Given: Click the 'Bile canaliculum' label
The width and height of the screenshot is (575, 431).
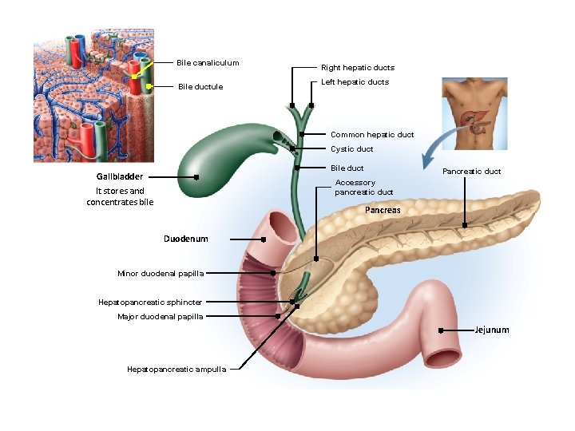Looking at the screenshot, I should point(208,63).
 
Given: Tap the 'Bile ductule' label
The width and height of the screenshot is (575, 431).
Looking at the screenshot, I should point(200,86).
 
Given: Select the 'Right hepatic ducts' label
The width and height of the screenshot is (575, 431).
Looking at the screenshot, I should point(357,68).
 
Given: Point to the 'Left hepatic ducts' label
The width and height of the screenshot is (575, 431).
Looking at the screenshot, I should point(355,82).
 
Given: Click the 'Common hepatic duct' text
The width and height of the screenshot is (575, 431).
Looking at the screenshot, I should point(372,135).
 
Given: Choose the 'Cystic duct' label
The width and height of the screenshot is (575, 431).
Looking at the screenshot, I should point(351,149).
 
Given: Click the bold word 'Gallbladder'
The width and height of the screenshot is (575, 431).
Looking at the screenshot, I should point(120,176).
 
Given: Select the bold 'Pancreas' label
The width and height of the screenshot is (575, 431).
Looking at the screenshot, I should point(383,211).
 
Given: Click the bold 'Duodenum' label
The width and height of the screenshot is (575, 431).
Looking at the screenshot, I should point(185,239).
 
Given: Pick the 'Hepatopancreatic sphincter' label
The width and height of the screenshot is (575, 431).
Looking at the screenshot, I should point(149,302).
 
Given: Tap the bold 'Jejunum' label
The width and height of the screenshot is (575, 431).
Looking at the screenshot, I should point(491,330).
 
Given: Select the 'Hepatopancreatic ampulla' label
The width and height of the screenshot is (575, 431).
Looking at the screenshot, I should point(176,369).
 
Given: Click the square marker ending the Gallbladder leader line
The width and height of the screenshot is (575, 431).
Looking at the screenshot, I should point(196,177).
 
